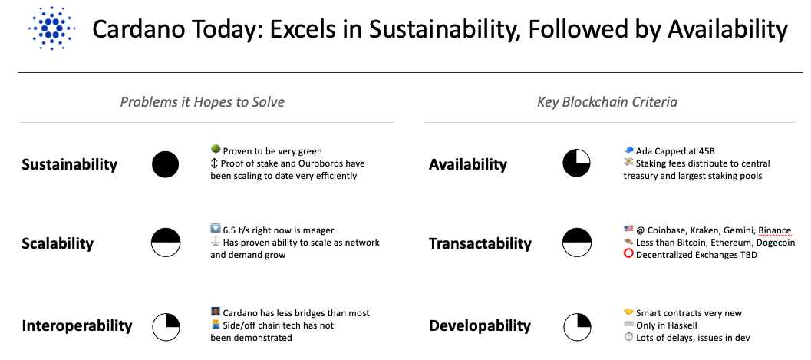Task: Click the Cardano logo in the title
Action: [x=52, y=28]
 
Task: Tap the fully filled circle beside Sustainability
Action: [x=166, y=164]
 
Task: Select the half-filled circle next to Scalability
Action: [x=166, y=243]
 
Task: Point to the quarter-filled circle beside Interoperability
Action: [x=166, y=326]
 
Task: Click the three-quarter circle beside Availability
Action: [x=576, y=163]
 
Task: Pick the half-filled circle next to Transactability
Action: [x=576, y=243]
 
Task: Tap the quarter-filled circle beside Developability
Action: [x=577, y=326]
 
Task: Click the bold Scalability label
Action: [x=58, y=243]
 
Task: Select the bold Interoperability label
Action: [x=77, y=326]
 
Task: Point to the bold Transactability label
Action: [x=480, y=243]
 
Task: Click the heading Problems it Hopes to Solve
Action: [x=203, y=102]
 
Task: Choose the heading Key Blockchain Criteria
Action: [x=607, y=102]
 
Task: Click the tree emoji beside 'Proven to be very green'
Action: [x=216, y=150]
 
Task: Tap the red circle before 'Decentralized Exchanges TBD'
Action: [x=628, y=254]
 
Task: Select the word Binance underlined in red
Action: [x=774, y=231]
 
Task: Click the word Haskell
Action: [x=681, y=325]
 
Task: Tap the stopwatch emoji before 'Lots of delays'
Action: [x=628, y=337]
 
